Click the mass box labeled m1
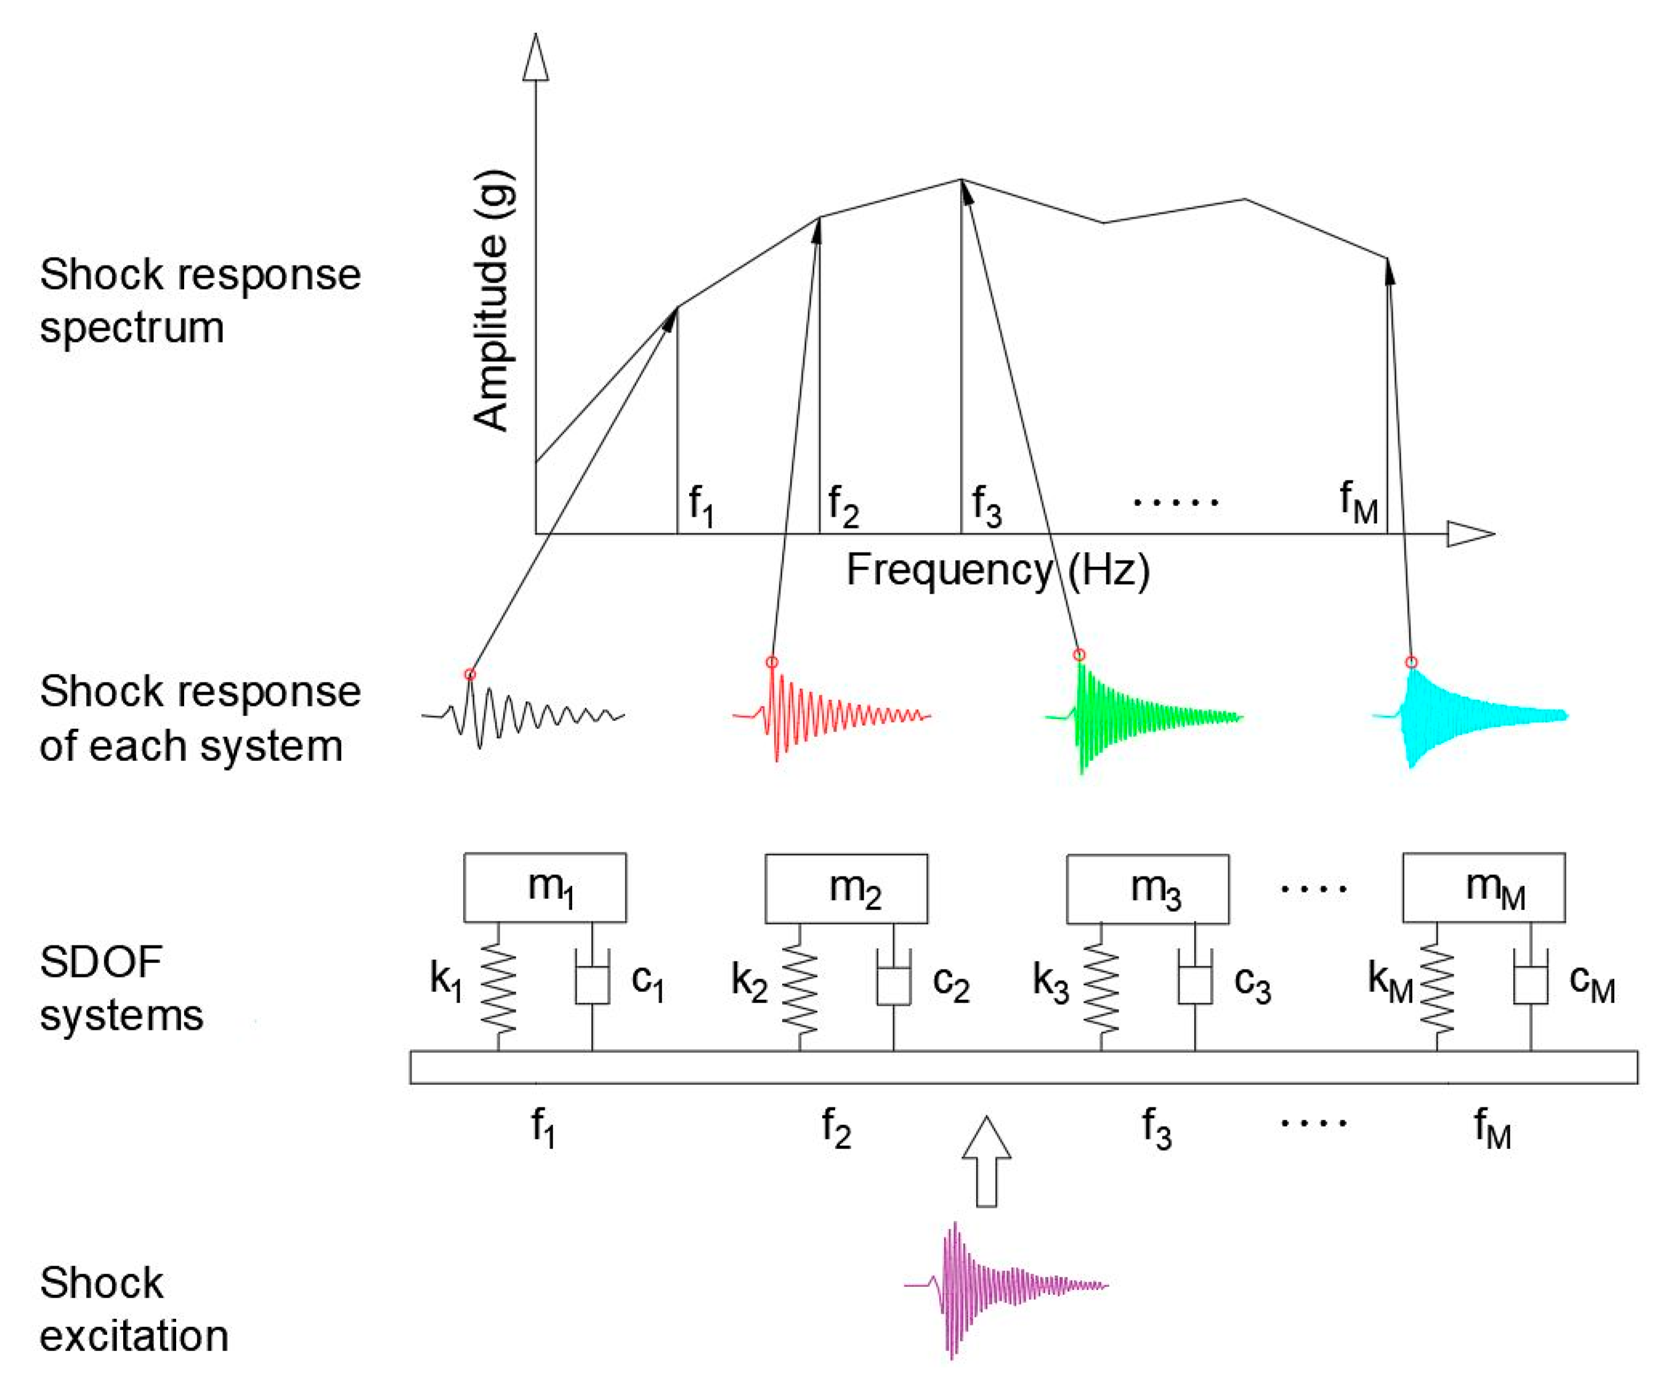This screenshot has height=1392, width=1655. [x=544, y=887]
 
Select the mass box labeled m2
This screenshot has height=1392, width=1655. [x=846, y=888]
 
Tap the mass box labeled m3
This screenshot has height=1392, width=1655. [x=1147, y=888]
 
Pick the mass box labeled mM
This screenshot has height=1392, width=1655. [x=1484, y=887]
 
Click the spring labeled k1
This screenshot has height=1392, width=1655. [x=498, y=990]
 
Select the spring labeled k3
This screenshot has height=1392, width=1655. [x=1101, y=990]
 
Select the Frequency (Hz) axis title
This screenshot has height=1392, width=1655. [x=998, y=570]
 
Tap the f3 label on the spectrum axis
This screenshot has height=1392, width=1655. [x=987, y=505]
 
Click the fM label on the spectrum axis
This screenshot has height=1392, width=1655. [x=1358, y=502]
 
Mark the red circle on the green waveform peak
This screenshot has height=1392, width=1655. [x=1080, y=654]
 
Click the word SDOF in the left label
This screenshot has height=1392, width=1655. [x=100, y=963]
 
